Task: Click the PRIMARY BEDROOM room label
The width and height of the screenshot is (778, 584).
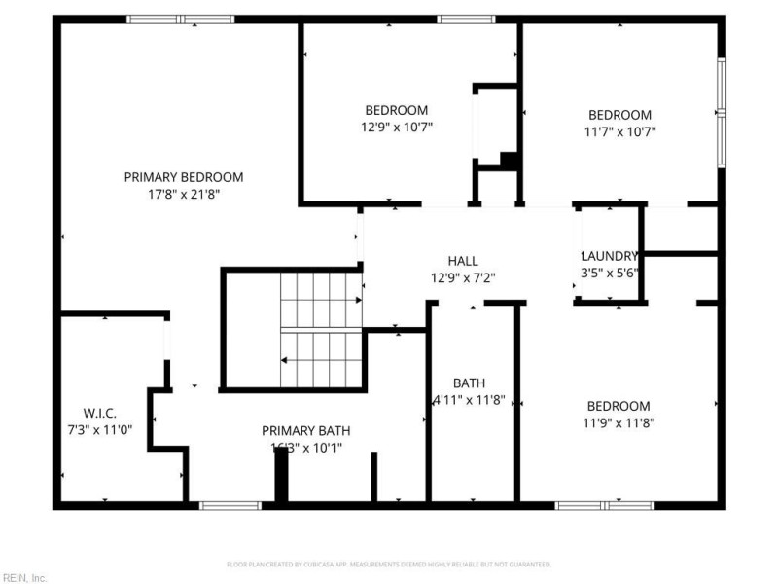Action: (x=184, y=177)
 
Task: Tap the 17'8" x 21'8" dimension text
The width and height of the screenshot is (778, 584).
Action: (x=184, y=194)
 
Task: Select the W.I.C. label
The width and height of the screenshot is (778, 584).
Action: (x=100, y=412)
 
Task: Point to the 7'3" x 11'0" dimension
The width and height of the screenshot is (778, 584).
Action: (x=100, y=428)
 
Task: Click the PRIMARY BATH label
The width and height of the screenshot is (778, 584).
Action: (x=306, y=431)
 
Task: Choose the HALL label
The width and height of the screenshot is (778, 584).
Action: (x=463, y=261)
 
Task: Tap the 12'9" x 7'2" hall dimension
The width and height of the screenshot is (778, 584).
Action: (x=463, y=277)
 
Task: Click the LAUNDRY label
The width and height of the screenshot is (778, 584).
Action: (x=610, y=256)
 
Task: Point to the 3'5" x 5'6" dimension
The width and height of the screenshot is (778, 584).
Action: (x=610, y=273)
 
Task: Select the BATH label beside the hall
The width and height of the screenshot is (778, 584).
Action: (x=469, y=383)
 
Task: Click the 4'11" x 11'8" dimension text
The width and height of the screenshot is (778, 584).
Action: (x=469, y=400)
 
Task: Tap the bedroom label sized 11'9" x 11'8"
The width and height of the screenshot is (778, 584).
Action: (x=619, y=406)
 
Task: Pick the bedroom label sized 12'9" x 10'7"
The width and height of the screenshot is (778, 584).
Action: (x=396, y=110)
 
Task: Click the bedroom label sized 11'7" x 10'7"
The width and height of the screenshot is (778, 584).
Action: (x=619, y=115)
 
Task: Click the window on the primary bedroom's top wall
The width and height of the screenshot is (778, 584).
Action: (x=180, y=18)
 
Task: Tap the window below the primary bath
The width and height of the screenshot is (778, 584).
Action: (x=230, y=505)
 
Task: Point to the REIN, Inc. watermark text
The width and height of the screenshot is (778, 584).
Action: (x=24, y=577)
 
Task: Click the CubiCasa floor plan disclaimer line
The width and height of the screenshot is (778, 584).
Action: (x=389, y=565)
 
